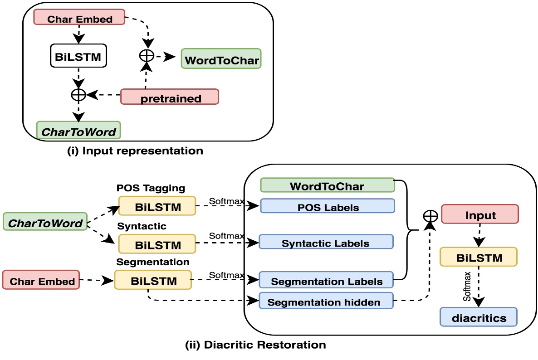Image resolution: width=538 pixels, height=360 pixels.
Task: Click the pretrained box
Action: click(x=170, y=97)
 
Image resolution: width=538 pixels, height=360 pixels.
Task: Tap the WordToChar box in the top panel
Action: click(x=221, y=59)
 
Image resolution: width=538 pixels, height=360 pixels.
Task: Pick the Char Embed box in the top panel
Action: click(x=79, y=19)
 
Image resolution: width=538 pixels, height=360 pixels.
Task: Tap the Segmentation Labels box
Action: click(x=326, y=280)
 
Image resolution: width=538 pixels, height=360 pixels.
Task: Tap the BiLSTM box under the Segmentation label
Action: click(x=153, y=280)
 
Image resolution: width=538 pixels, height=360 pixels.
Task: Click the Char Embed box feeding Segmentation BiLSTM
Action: click(x=42, y=280)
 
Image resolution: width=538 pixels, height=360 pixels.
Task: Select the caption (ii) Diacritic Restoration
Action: click(x=255, y=344)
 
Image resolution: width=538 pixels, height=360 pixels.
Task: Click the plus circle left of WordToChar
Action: click(x=145, y=56)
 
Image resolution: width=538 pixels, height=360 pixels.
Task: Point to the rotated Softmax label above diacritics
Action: click(x=466, y=286)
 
